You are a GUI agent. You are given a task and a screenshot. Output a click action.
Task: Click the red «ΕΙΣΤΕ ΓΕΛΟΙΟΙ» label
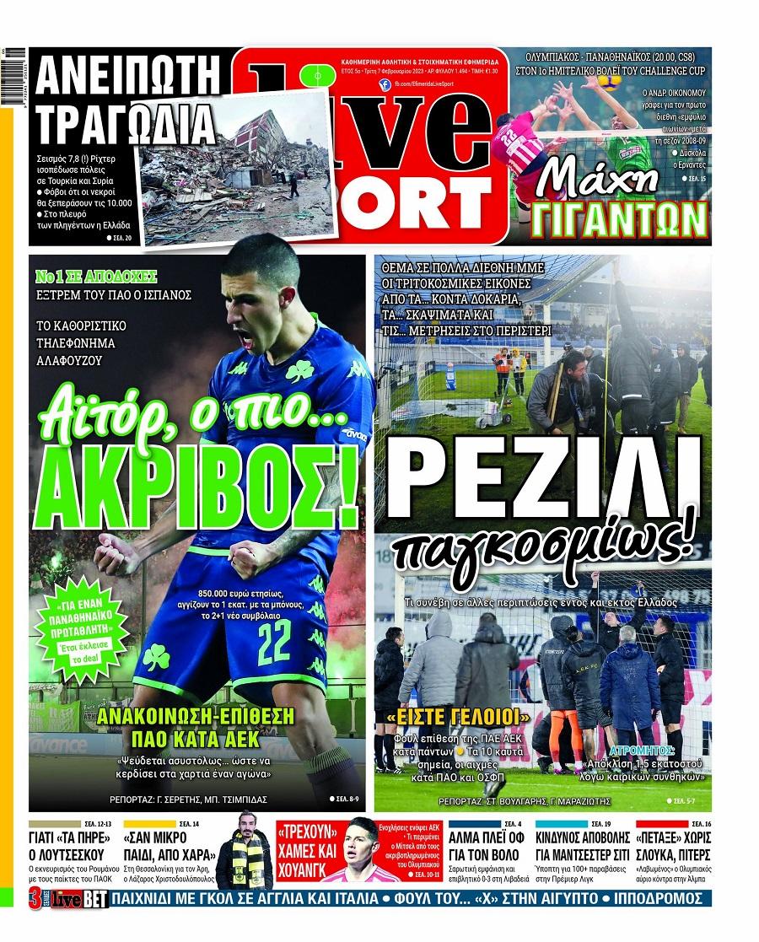click(x=456, y=719)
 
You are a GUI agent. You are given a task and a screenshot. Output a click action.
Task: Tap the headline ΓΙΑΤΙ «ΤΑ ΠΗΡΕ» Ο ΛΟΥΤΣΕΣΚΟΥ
click(x=70, y=848)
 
